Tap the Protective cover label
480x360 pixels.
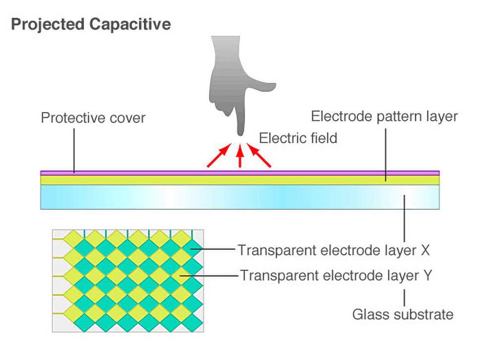point(94,119)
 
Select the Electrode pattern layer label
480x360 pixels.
point(384,117)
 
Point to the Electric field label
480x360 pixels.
point(298,138)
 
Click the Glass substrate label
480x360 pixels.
point(403,314)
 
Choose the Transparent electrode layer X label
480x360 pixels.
point(334,250)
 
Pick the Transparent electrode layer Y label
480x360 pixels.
point(336,275)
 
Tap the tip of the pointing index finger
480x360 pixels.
point(240,133)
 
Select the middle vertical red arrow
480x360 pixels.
point(240,157)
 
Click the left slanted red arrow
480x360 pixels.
point(218,157)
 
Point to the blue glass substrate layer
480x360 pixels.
point(240,197)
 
